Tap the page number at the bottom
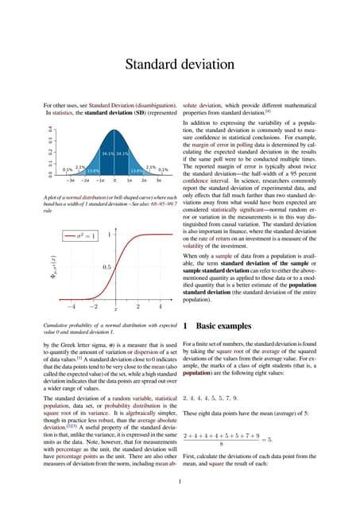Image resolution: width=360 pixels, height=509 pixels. tap(180, 480)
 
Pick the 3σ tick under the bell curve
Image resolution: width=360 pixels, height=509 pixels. tap(158, 181)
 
